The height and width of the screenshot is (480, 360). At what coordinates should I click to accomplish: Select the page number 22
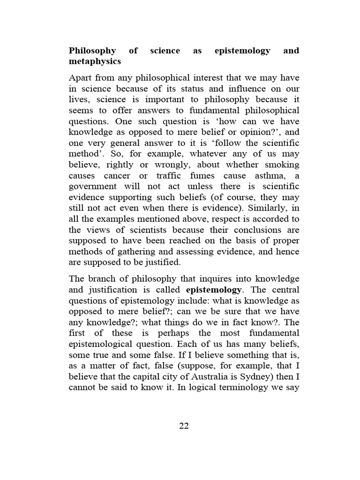coord(184,426)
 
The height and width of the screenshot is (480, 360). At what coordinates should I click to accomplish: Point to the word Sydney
coord(245,376)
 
